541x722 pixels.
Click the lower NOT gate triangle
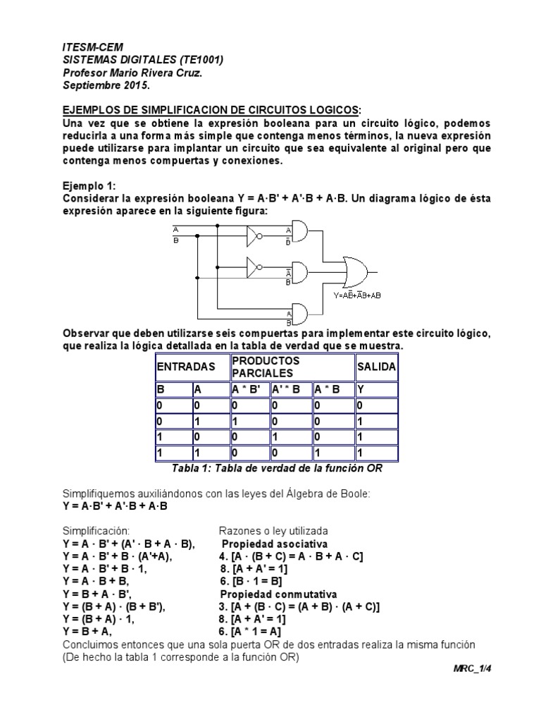[x=254, y=267]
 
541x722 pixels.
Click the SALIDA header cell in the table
[x=377, y=367]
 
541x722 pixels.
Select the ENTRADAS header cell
[x=185, y=367]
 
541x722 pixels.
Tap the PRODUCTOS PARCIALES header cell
[x=291, y=367]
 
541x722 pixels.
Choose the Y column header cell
[x=377, y=389]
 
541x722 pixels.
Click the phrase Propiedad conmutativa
[x=279, y=594]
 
